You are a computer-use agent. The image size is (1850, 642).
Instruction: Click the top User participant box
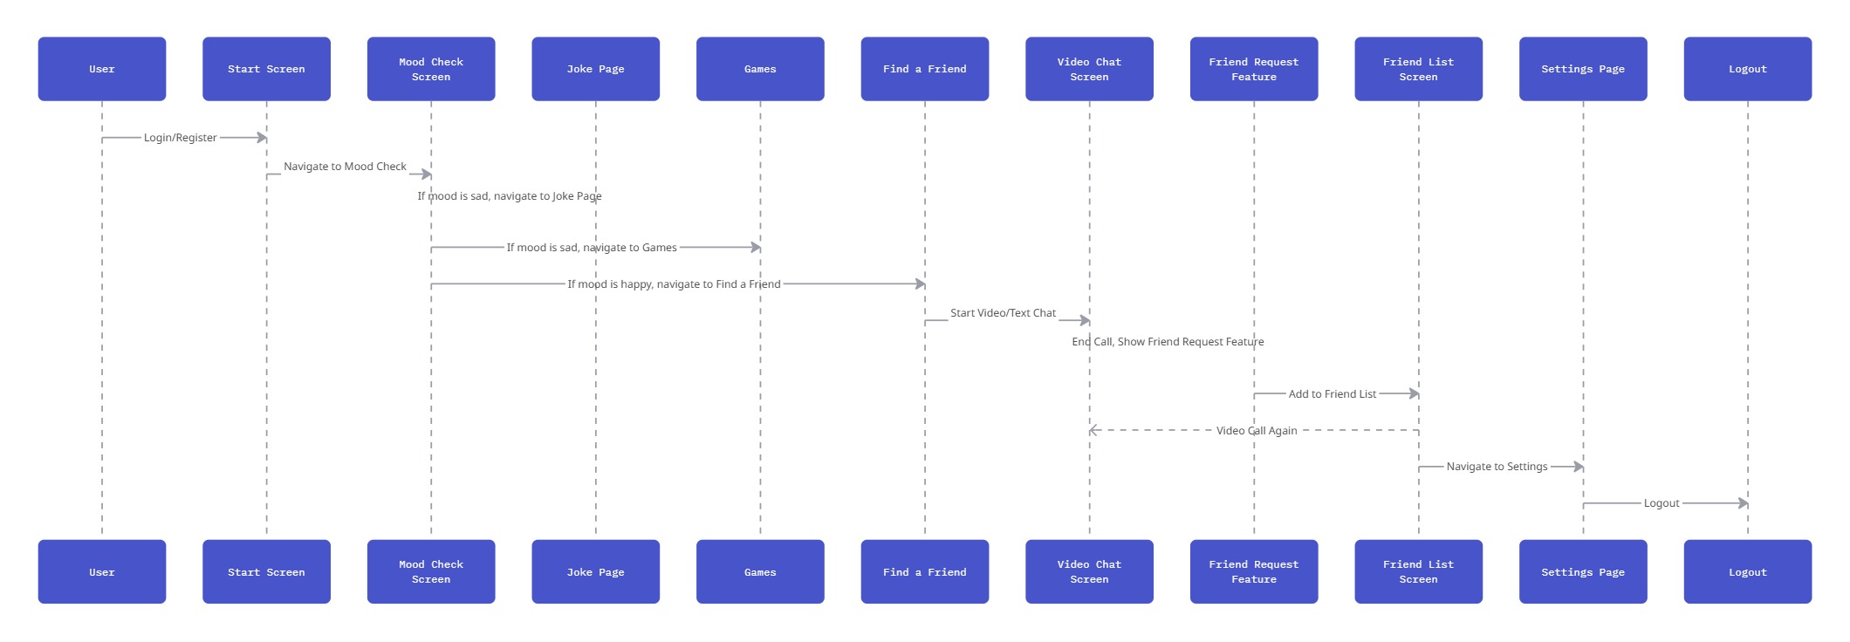click(102, 69)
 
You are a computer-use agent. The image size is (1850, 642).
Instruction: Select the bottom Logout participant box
click(1748, 571)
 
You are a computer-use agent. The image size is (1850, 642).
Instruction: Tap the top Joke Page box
click(596, 69)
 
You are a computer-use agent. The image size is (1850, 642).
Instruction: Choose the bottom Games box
click(760, 571)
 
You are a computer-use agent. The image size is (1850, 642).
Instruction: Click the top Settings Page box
click(1583, 69)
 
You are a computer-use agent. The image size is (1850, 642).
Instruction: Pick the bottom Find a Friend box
click(925, 571)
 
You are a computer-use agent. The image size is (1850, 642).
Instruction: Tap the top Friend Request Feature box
click(1254, 69)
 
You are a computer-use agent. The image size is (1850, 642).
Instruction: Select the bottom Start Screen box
click(266, 571)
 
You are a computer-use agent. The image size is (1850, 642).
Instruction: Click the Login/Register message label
click(181, 138)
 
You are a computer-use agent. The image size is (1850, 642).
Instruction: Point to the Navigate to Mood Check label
click(345, 167)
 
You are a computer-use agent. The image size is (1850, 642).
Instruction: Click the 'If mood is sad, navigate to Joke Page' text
click(510, 196)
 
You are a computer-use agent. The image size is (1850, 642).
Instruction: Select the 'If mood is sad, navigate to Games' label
click(592, 248)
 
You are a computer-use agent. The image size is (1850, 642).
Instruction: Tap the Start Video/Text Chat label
click(1003, 313)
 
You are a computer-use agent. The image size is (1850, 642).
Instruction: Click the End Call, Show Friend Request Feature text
click(1168, 342)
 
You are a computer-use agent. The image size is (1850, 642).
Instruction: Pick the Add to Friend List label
click(1333, 394)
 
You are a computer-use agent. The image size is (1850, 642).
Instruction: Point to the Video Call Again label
click(1257, 431)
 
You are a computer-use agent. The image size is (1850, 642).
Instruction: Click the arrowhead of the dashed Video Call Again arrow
click(1093, 430)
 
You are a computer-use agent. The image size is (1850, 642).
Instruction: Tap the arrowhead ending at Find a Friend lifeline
click(920, 283)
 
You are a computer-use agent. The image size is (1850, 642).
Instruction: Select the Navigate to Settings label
click(1497, 467)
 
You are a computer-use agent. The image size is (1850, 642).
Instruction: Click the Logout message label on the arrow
click(1662, 503)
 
